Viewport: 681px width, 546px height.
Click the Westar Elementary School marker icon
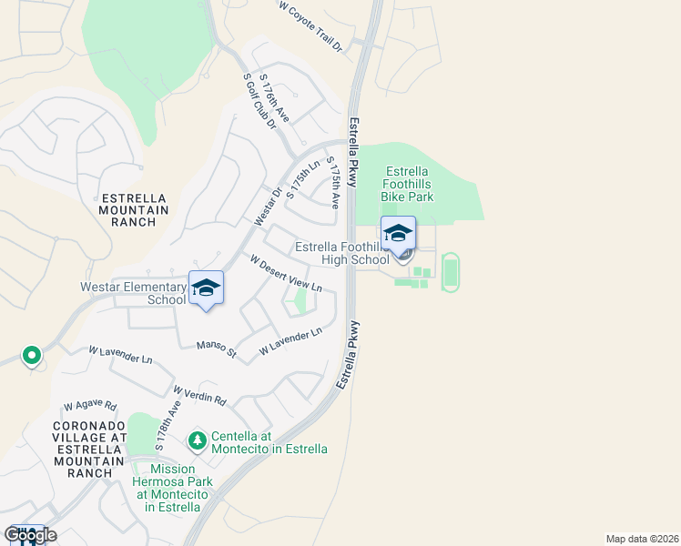click(x=206, y=288)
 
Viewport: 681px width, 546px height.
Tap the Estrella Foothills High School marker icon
click(x=397, y=234)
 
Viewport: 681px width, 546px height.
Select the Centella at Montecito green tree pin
click(x=197, y=441)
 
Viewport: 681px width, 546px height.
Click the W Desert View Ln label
click(x=286, y=273)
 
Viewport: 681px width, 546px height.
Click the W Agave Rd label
click(x=90, y=407)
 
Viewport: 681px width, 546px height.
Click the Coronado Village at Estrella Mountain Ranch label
click(x=89, y=450)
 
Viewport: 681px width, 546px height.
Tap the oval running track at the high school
click(x=450, y=272)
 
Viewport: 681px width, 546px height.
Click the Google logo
click(x=30, y=535)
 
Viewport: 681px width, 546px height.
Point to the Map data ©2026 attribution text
click(x=642, y=539)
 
